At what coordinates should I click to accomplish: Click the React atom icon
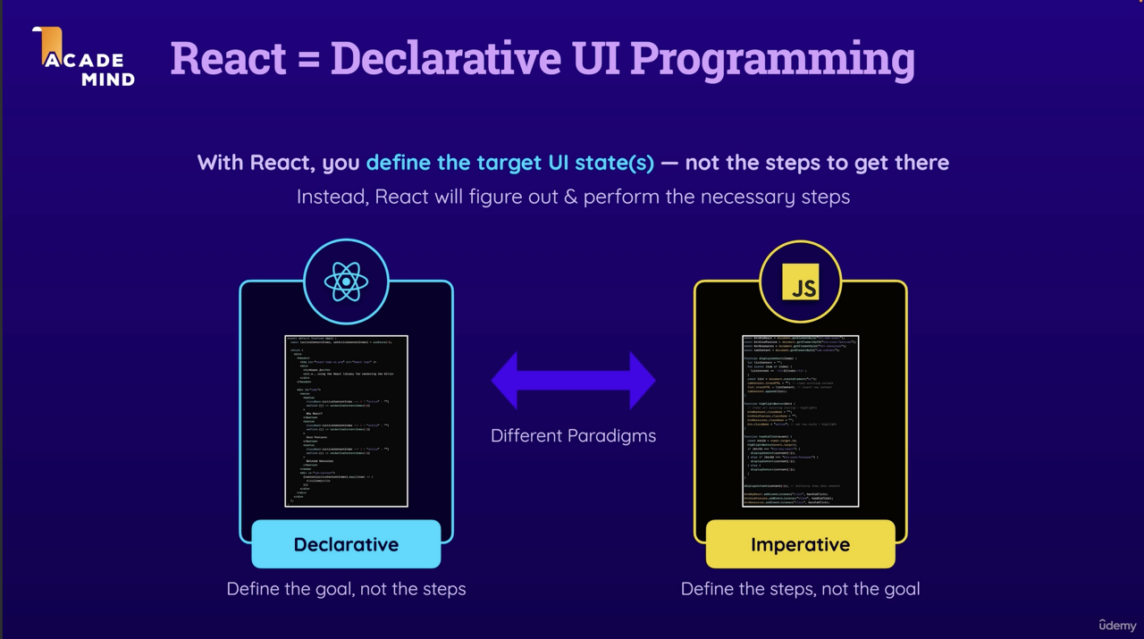click(x=346, y=282)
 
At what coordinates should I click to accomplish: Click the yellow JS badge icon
click(x=800, y=282)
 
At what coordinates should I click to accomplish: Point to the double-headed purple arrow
click(x=573, y=381)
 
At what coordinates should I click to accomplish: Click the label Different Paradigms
click(x=573, y=436)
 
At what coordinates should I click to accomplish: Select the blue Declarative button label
click(x=346, y=544)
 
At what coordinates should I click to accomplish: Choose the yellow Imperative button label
click(x=800, y=544)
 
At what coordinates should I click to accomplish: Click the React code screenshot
click(x=346, y=421)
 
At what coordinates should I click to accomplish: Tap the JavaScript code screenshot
click(x=800, y=421)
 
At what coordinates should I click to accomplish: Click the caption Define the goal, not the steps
click(x=346, y=589)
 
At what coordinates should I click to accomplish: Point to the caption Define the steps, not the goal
click(x=800, y=589)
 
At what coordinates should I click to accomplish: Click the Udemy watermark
click(x=1117, y=625)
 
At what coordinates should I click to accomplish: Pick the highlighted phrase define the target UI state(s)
click(x=509, y=163)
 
